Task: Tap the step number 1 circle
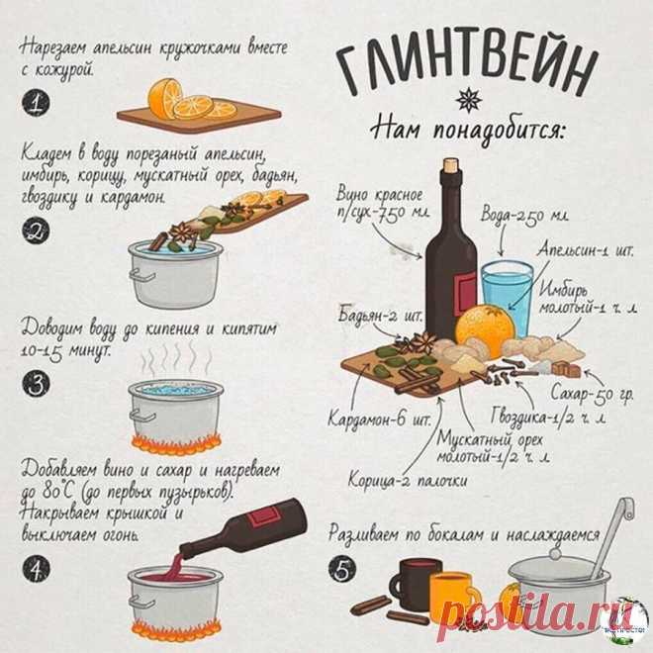[37, 102]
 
